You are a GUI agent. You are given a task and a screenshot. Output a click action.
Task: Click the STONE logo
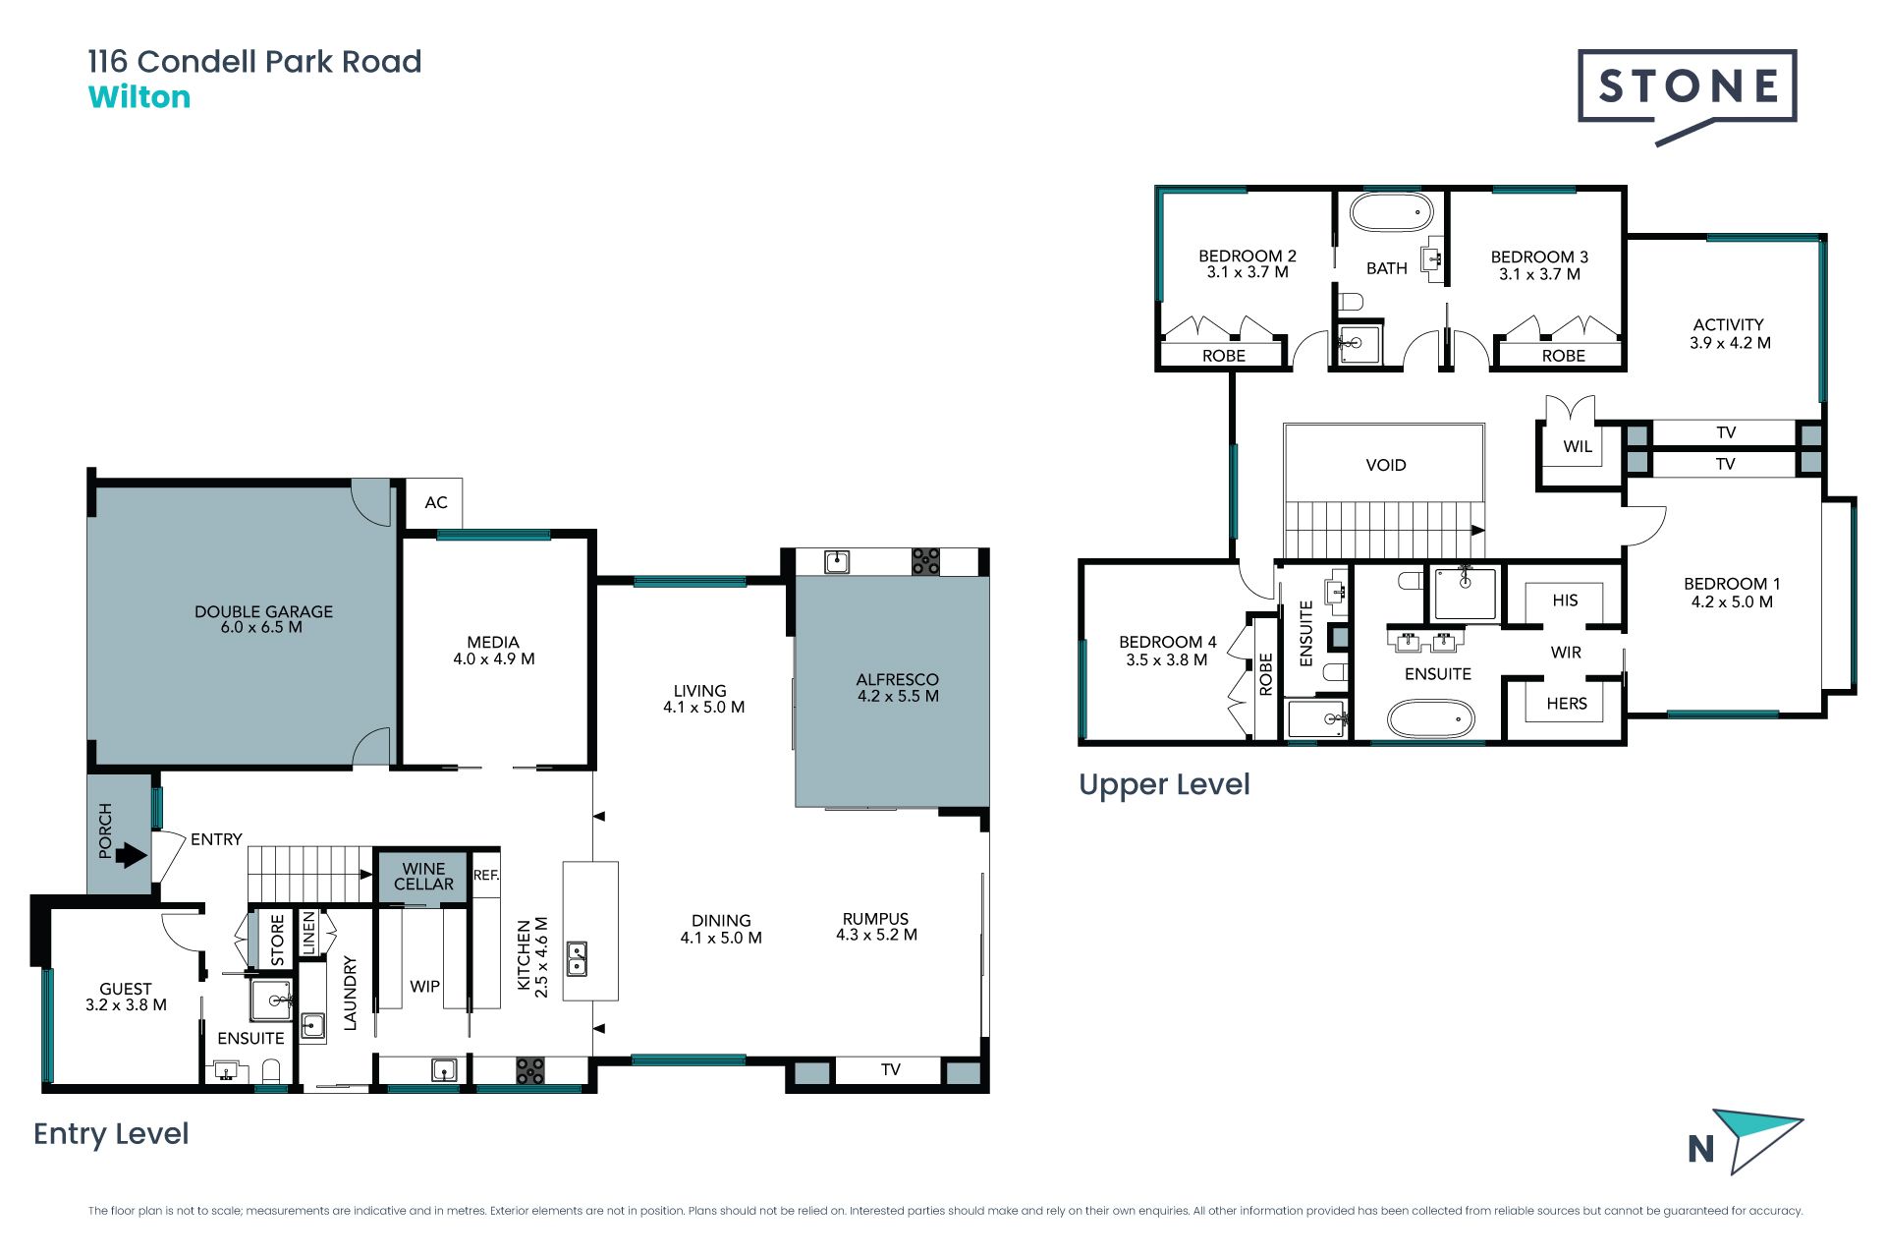point(1688,95)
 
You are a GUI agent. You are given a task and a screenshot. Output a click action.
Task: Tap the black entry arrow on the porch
point(132,856)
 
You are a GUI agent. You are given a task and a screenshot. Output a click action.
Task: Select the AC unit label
point(436,503)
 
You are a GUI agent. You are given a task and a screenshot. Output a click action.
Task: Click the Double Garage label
point(263,619)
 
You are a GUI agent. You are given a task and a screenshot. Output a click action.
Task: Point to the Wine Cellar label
point(423,877)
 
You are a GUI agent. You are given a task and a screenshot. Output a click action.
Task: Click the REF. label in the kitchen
point(486,875)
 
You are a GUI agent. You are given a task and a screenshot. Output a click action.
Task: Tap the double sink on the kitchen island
point(578,959)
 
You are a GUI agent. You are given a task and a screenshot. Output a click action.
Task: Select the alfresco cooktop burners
point(925,561)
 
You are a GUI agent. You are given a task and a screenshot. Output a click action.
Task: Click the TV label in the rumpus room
point(891,1069)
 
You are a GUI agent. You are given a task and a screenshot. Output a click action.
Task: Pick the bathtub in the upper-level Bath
point(1391,212)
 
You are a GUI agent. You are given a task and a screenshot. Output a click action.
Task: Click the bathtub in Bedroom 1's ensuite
point(1431,718)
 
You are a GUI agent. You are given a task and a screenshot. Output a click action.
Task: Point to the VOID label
point(1386,465)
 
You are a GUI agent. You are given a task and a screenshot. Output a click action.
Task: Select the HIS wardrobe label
point(1566,600)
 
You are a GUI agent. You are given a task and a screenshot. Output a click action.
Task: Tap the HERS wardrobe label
point(1567,704)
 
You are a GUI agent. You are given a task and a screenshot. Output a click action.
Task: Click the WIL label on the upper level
point(1578,446)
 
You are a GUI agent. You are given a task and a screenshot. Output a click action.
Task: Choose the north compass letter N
point(1701,1149)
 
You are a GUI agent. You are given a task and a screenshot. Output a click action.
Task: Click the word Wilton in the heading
point(139,97)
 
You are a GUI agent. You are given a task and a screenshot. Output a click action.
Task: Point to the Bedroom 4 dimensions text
point(1167,660)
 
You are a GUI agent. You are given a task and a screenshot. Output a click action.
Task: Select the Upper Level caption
point(1164,785)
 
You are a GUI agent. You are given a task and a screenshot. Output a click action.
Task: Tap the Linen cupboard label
point(308,933)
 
